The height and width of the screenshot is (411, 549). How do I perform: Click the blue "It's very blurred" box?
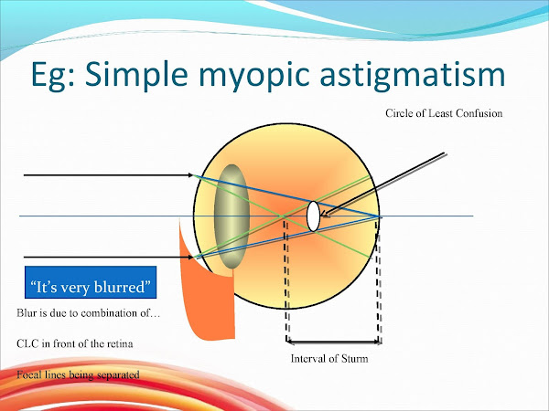[x=89, y=288]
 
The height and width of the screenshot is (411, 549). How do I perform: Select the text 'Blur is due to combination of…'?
[x=88, y=314]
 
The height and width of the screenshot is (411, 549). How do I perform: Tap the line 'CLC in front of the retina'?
[x=77, y=344]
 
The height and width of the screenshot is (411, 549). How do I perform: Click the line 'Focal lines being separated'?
[x=77, y=374]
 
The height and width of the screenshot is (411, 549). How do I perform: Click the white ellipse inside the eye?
[x=313, y=216]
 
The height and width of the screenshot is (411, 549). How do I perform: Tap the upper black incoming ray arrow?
[x=105, y=175]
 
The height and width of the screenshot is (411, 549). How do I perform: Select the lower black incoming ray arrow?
[x=105, y=258]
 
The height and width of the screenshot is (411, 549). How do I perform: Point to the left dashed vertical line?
[x=287, y=283]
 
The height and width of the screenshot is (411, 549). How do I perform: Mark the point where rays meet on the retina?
[x=380, y=216]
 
